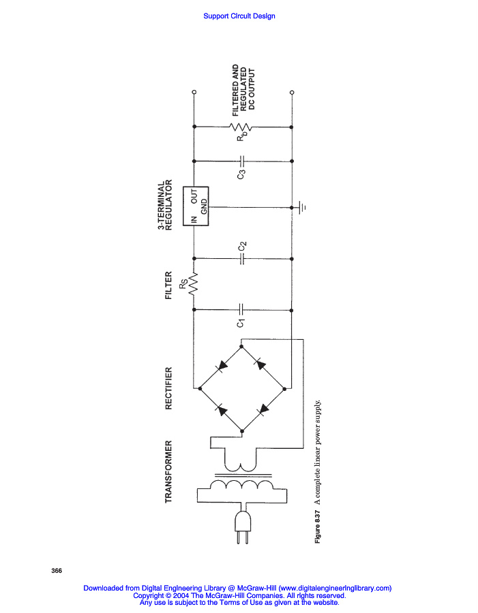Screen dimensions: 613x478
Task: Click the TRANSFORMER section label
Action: point(168,472)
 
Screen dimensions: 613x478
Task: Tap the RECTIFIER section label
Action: point(168,389)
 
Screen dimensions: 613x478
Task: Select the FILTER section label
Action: point(168,287)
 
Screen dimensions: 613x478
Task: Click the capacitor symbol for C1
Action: point(243,310)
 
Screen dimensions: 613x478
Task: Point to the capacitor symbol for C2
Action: point(243,259)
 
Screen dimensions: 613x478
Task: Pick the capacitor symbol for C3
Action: point(243,161)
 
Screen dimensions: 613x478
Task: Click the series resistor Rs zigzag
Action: point(194,285)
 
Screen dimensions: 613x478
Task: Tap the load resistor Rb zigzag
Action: point(243,127)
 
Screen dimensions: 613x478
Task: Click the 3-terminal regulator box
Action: point(200,206)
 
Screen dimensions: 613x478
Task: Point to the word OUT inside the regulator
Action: point(194,198)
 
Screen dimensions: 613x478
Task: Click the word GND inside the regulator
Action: point(203,210)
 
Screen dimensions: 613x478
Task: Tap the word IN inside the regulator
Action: point(194,220)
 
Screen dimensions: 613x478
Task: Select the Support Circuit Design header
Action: point(239,16)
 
